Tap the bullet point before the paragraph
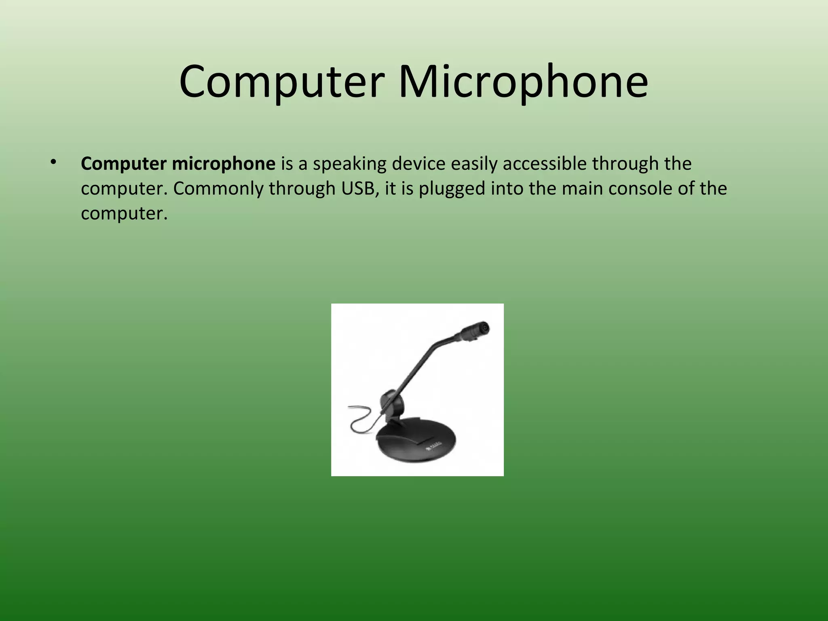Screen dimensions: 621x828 pyautogui.click(x=53, y=163)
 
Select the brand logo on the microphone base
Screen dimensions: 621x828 pyautogui.click(x=434, y=446)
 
